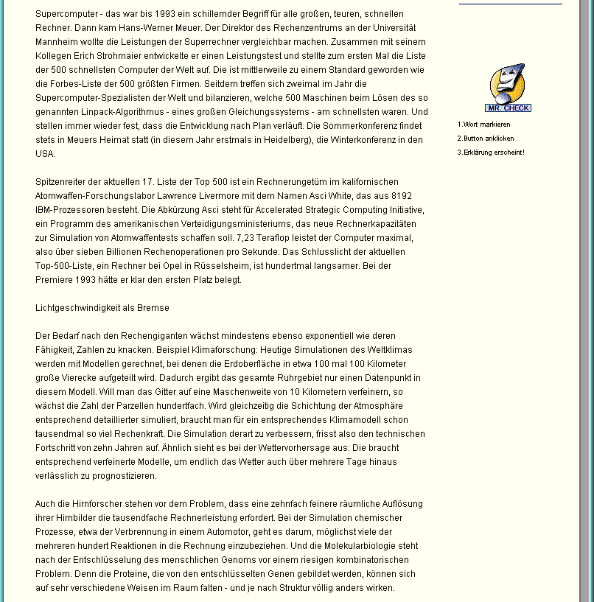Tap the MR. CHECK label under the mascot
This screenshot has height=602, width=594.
click(508, 108)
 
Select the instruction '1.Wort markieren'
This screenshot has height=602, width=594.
click(483, 125)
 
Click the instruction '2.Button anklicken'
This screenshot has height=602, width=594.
click(486, 139)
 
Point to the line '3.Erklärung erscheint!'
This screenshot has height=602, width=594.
click(491, 153)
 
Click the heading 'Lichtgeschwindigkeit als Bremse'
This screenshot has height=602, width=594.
click(102, 307)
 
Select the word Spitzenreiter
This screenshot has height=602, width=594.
click(60, 181)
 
